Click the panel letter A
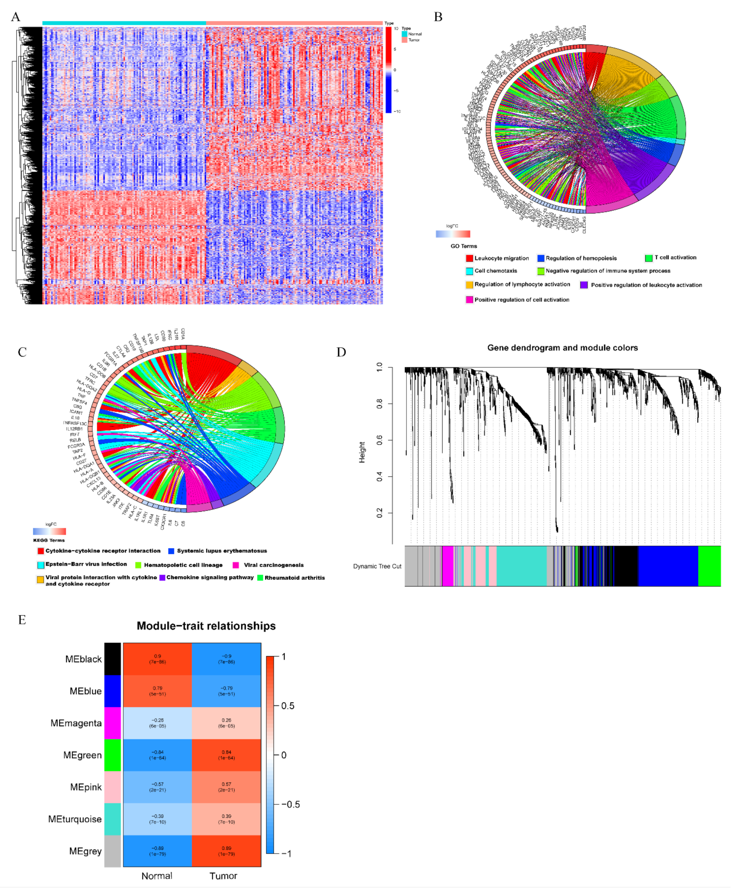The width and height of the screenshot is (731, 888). click(15, 17)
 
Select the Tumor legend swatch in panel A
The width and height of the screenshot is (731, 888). click(404, 40)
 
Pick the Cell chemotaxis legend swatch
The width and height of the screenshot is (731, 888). click(469, 271)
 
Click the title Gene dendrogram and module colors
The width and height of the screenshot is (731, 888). click(562, 347)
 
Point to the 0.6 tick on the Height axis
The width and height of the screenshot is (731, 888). click(379, 440)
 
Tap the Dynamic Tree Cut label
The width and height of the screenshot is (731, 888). click(377, 566)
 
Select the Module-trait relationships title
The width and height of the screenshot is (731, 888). click(206, 626)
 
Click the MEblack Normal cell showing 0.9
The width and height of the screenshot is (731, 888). click(157, 659)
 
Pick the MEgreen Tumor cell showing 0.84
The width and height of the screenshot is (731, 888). click(226, 755)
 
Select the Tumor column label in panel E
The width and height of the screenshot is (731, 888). click(223, 876)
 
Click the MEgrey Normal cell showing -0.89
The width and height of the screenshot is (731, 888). click(157, 851)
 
